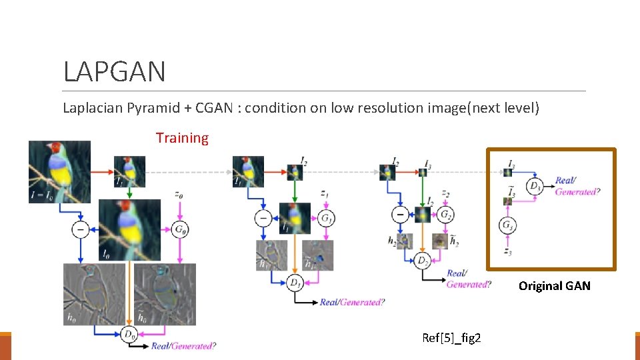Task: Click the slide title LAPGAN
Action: (114, 71)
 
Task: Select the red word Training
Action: (182, 138)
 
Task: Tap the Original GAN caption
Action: (554, 286)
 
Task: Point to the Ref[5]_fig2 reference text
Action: (451, 338)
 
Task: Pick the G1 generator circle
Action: (327, 218)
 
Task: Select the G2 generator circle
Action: (444, 215)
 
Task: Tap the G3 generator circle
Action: (508, 225)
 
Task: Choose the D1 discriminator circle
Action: (294, 283)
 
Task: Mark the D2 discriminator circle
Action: (421, 260)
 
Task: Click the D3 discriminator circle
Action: (535, 185)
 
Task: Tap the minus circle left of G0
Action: (81, 229)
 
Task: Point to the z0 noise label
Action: (179, 195)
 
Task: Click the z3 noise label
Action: (508, 252)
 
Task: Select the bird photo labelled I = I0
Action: (59, 172)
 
